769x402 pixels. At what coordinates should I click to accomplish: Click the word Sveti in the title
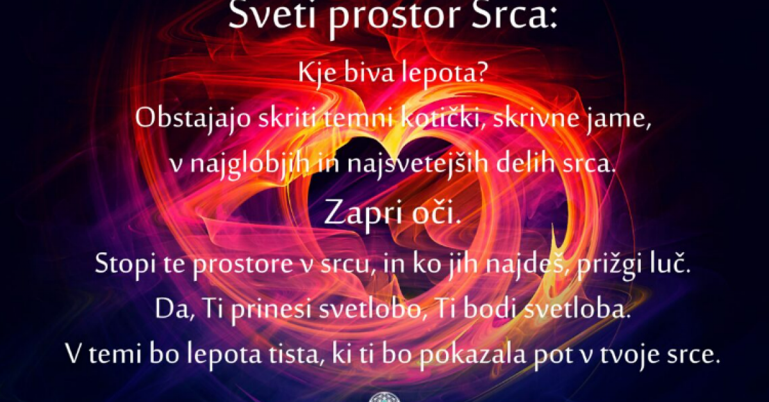click(272, 15)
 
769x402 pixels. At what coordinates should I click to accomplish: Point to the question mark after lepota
click(479, 74)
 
